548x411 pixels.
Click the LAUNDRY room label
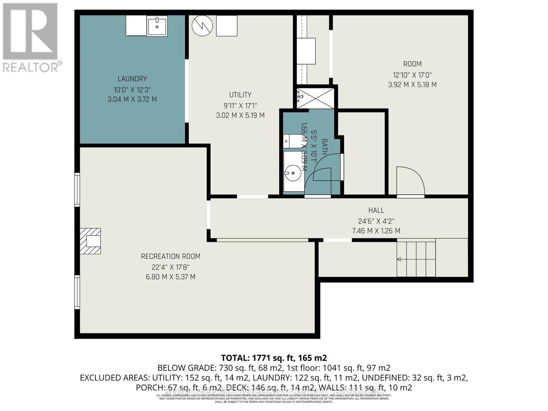coord(132,79)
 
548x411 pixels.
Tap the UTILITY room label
coord(240,95)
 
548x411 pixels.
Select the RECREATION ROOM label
coord(170,256)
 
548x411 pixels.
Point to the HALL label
coord(376,210)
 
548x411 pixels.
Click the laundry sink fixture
coord(157,26)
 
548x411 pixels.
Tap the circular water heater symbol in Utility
coord(202,26)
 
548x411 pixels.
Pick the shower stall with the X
coord(315,99)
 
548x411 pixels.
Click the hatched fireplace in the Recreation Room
coord(90,241)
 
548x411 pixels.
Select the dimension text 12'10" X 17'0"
coord(412,75)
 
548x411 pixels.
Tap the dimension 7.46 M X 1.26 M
coord(376,231)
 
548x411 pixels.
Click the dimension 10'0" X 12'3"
coord(132,90)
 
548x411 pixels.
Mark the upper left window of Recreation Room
coord(77,190)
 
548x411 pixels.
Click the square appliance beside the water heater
coord(227,26)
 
